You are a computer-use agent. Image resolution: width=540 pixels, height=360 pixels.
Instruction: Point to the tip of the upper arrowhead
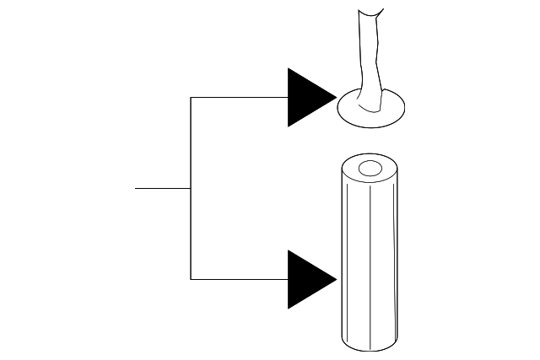pyautogui.click(x=336, y=98)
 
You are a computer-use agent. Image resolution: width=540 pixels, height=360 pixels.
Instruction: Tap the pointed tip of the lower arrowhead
pyautogui.click(x=336, y=279)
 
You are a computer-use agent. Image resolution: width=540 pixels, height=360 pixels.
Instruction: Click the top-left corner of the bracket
pyautogui.click(x=191, y=98)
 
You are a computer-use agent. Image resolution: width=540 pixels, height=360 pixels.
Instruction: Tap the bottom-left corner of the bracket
pyautogui.click(x=191, y=279)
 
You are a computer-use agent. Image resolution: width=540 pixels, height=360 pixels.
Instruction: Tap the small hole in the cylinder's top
pyautogui.click(x=370, y=169)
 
